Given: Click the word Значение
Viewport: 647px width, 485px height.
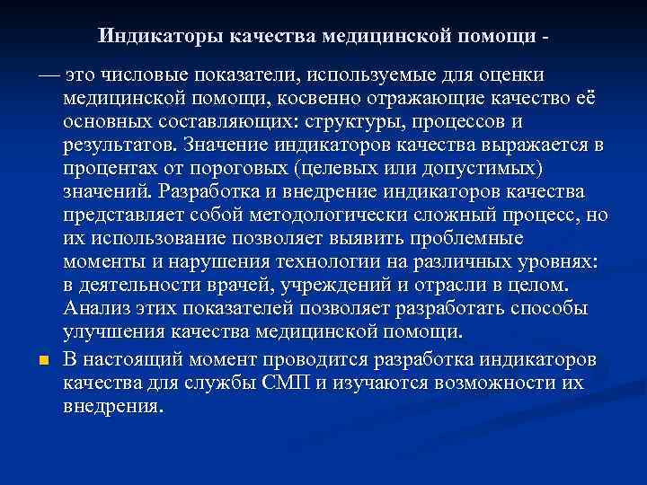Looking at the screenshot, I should click(x=225, y=145).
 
